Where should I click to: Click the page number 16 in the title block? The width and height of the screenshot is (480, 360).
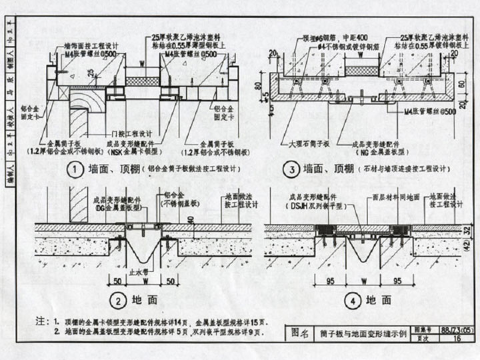click(x=457, y=339)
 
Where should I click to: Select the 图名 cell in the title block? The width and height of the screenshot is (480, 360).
click(x=299, y=333)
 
